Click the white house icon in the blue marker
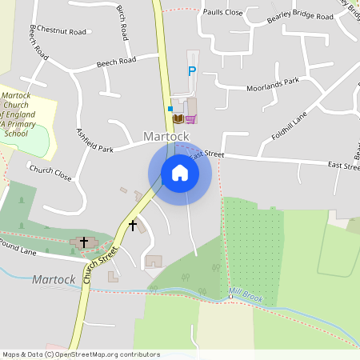coord(179,173)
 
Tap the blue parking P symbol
coord(191,71)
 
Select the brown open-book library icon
coord(178,118)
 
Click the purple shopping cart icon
coord(190,118)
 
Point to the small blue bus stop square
coord(170,107)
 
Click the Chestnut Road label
coord(61,31)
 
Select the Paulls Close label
coord(223,13)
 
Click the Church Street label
coord(100,258)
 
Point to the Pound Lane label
coord(18,246)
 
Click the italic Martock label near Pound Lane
coord(54,279)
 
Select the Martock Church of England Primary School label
coord(25,114)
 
